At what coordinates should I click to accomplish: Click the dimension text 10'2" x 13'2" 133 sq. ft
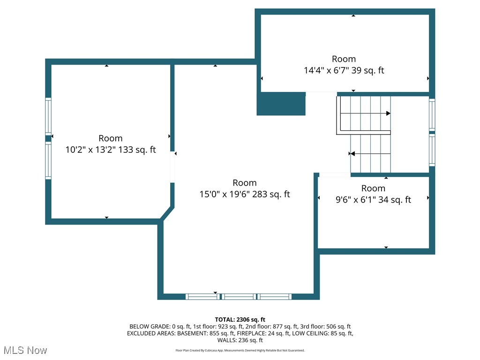click(x=111, y=150)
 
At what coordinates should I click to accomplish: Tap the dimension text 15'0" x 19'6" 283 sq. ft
click(x=245, y=195)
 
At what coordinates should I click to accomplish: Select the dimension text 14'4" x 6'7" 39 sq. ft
click(x=344, y=71)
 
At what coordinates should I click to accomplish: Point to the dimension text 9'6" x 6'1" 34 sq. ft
click(x=373, y=200)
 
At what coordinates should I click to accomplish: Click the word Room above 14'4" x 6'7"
click(x=344, y=59)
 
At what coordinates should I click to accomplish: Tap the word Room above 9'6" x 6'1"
click(x=373, y=188)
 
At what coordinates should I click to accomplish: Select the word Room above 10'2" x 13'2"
click(x=111, y=138)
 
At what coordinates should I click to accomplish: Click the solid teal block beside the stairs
click(x=281, y=104)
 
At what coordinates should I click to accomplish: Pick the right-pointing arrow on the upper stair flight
click(x=388, y=113)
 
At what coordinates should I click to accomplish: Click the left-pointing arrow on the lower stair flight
click(x=352, y=153)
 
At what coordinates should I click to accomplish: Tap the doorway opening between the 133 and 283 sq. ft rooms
click(x=172, y=166)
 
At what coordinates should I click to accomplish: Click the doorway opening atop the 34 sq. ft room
click(x=334, y=175)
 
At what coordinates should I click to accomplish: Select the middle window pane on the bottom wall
click(x=239, y=297)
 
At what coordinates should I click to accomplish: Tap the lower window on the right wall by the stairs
click(x=432, y=150)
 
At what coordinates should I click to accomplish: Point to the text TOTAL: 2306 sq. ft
click(x=240, y=320)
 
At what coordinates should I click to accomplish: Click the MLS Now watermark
click(x=25, y=350)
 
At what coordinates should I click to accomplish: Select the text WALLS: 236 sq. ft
click(x=240, y=340)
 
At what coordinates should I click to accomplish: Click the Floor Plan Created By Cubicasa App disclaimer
click(x=240, y=351)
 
